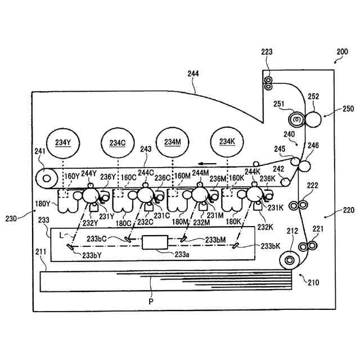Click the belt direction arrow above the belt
(x=208, y=164)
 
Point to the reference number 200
(x=343, y=52)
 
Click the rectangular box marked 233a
(x=155, y=242)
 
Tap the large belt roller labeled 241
(x=47, y=178)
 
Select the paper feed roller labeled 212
(x=290, y=260)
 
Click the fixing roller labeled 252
(x=313, y=119)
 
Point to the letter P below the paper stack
(x=151, y=301)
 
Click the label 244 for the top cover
(x=193, y=74)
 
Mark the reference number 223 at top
(x=267, y=52)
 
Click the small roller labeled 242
(x=285, y=182)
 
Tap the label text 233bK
(x=271, y=246)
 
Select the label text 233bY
(x=92, y=255)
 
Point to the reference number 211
(x=41, y=252)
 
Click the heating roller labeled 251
(x=297, y=119)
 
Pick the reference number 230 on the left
(x=11, y=218)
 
